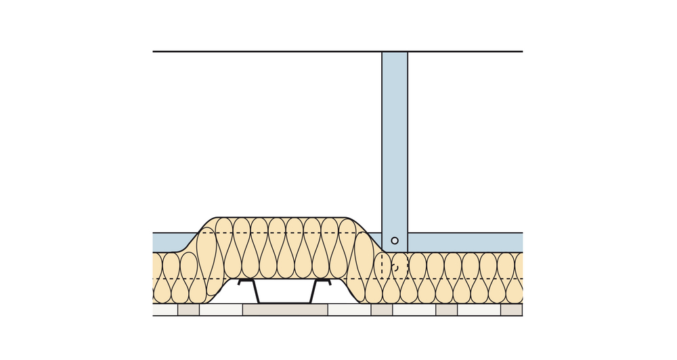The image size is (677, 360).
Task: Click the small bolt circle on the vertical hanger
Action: coord(395,240)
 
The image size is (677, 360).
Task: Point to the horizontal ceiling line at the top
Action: coord(271,51)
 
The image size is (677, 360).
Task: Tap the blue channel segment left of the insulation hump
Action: coord(173,242)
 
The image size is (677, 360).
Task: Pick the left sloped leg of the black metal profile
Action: coord(256,292)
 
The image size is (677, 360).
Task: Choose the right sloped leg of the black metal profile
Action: coord(313,292)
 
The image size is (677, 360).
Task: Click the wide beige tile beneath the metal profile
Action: coord(285,310)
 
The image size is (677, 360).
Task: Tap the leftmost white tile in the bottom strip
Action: coord(165,310)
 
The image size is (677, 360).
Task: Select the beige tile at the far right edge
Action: coord(512,310)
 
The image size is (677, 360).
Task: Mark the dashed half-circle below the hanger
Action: coord(396,268)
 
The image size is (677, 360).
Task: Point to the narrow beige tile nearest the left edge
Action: coord(188,310)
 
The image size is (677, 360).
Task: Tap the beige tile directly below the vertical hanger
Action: coord(382,310)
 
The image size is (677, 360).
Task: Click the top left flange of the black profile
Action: coord(245,280)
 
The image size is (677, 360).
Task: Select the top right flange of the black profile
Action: coord(323,280)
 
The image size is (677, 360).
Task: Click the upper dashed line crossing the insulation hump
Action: coord(284,233)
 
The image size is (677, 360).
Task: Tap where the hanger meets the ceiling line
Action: coord(395,52)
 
